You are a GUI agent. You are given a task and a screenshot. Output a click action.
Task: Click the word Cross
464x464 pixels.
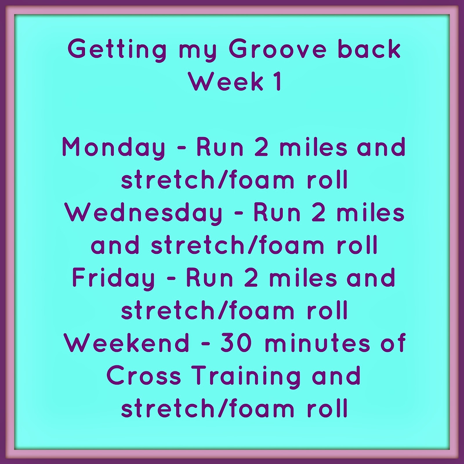pos(144,376)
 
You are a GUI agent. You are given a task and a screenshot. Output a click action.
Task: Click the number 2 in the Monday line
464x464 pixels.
pos(262,147)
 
